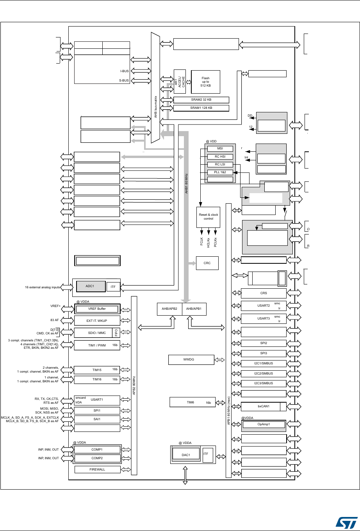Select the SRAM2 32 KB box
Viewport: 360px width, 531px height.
201,100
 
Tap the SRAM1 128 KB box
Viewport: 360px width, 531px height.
201,108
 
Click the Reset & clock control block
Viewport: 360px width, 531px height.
209,217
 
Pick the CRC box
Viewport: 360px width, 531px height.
207,263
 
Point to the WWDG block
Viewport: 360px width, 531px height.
191,359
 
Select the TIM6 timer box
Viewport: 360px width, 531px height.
192,402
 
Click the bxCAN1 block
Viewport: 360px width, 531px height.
264,406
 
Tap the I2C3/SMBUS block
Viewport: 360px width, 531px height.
264,383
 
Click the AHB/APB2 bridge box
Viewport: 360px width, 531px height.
169,309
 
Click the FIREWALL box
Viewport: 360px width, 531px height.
97,469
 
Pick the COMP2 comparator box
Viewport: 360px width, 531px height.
97,458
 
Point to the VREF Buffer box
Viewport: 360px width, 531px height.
97,309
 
